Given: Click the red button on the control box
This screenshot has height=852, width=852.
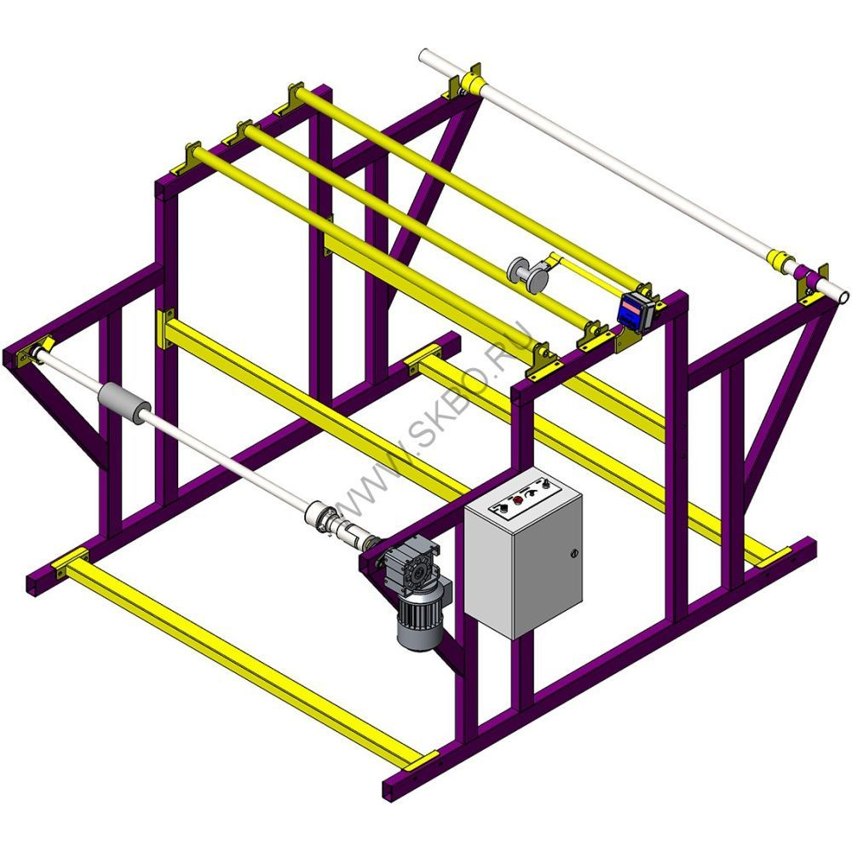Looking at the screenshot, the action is [518, 499].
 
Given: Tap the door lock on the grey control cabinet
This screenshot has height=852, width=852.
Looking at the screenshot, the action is [573, 554].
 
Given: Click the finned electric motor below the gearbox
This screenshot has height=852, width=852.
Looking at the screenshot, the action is [420, 619].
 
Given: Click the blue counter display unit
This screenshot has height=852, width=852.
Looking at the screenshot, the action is [636, 310].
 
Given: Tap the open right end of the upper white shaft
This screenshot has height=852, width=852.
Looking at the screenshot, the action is [843, 297].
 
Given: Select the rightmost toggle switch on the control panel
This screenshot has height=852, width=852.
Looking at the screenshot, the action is [544, 483].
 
